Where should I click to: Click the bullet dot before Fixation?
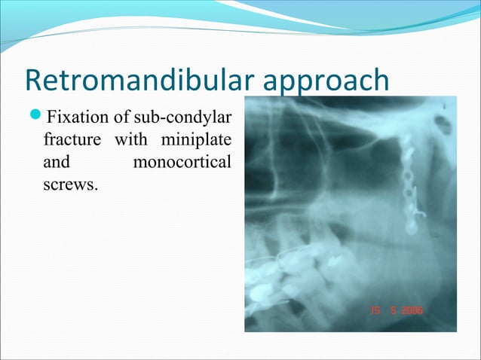coord(35,118)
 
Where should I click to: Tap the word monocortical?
coord(181,162)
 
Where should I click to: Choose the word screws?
coord(70,184)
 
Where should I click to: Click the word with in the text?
coord(136,140)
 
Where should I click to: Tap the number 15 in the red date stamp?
coord(375,309)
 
